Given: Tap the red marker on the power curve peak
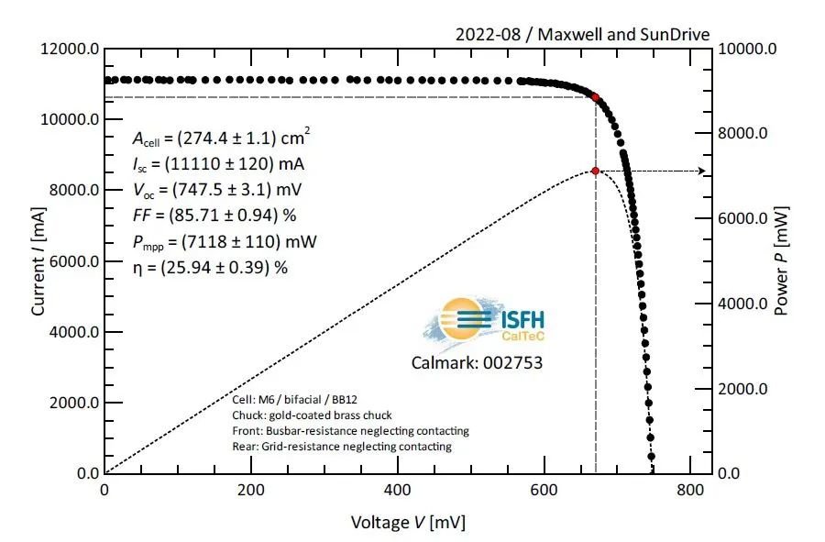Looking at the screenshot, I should (x=596, y=171).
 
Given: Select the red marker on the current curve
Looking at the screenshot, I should (x=596, y=96).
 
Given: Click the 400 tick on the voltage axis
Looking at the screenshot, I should (x=397, y=491).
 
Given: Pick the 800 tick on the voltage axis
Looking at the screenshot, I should (x=690, y=491).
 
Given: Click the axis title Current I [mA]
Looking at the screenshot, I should (x=38, y=260).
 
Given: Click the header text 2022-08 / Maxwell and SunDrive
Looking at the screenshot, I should (x=582, y=35).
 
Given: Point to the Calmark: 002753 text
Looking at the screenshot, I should (x=477, y=363).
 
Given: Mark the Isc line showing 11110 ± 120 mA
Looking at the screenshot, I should (x=219, y=164).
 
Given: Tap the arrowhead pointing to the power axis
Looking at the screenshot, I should (x=702, y=171).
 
